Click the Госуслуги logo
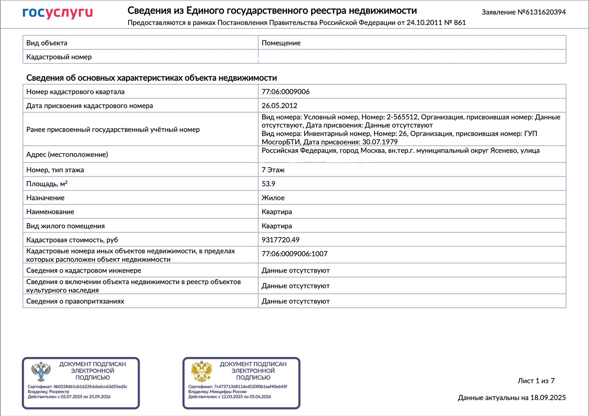(57, 13)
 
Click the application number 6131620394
(546, 12)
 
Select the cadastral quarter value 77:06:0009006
(285, 92)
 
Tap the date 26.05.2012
(279, 106)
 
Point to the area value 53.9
(268, 184)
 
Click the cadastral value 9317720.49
(280, 240)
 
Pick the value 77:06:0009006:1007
(294, 254)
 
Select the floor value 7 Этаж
(273, 170)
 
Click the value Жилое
(273, 198)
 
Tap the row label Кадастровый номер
(59, 57)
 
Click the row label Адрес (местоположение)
(67, 155)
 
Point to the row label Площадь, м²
(47, 184)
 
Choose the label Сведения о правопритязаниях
(75, 301)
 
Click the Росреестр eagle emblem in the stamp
(41, 371)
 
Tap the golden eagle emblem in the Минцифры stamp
(202, 371)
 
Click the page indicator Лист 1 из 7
(536, 381)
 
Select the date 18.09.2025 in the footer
(548, 398)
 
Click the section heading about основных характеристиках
(151, 78)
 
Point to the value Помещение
(281, 43)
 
